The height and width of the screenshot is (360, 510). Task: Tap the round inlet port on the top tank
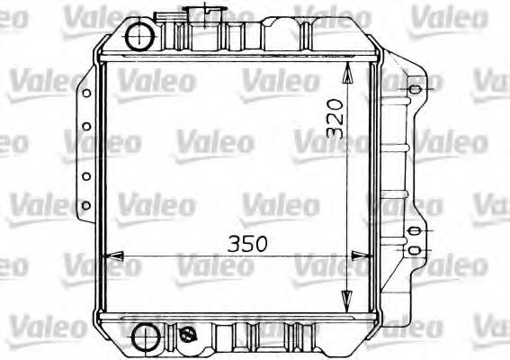[x=141, y=36]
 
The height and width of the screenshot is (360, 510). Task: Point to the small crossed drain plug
[x=189, y=334]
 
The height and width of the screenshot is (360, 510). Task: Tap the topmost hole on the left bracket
[x=86, y=92]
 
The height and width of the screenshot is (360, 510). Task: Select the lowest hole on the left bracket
[x=86, y=206]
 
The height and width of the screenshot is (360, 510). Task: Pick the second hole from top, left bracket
[x=86, y=127]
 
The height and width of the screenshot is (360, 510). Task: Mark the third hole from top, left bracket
[x=86, y=176]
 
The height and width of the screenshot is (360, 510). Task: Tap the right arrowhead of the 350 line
[x=370, y=257]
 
